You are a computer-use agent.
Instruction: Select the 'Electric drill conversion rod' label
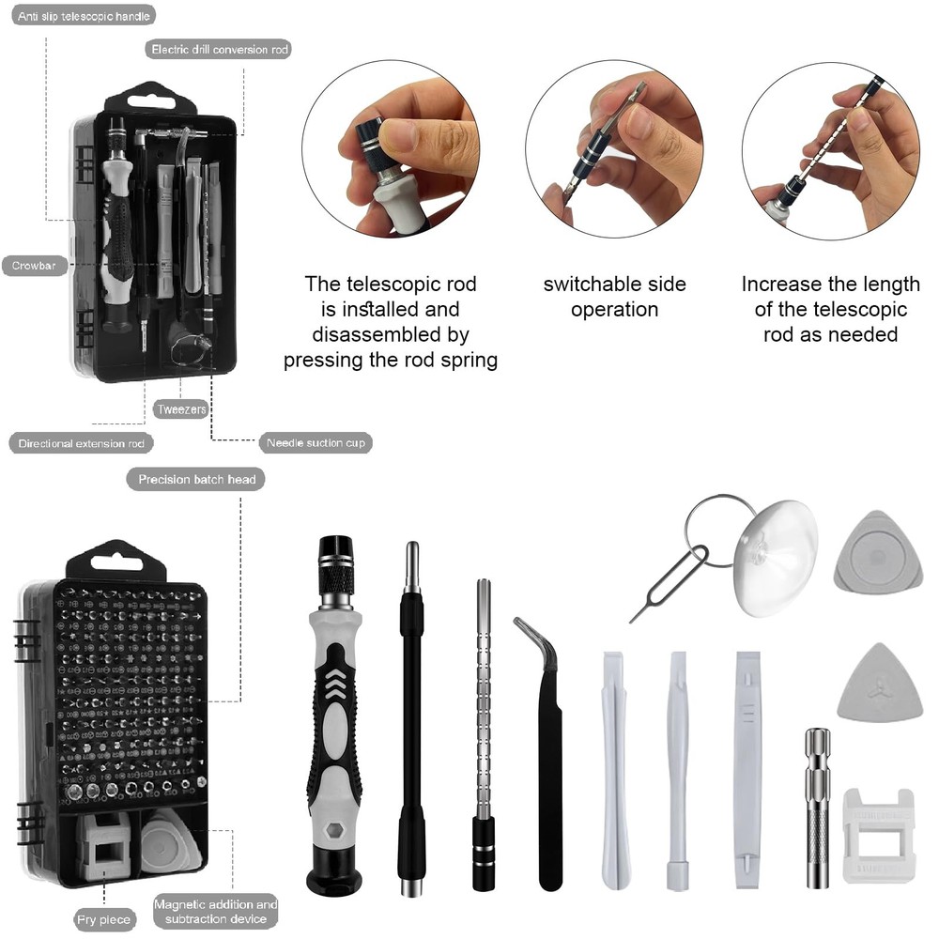(218, 49)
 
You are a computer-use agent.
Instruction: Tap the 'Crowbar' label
(35, 266)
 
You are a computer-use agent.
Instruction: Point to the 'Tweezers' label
(181, 409)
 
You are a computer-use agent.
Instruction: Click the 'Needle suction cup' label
(315, 442)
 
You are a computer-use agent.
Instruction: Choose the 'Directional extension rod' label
(82, 442)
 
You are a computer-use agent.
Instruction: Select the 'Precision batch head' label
(196, 479)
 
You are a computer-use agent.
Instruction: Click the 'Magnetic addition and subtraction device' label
(215, 911)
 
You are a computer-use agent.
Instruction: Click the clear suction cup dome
(777, 556)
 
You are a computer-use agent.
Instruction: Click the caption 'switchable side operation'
(614, 297)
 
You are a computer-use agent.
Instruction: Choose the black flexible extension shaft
(411, 723)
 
